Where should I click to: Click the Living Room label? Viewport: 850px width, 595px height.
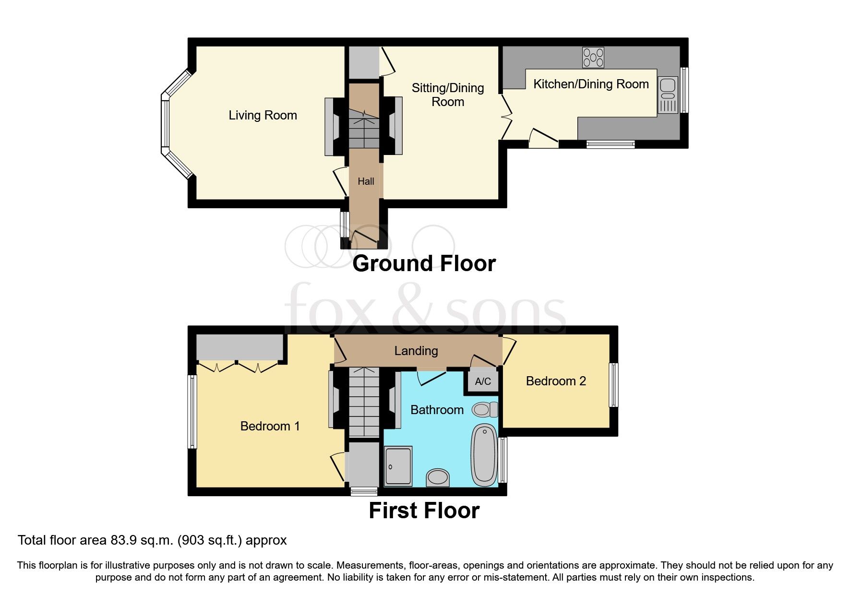coord(263,115)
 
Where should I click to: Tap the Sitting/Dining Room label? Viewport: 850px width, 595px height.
coord(447,95)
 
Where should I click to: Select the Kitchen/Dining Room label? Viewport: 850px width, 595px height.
coord(591,84)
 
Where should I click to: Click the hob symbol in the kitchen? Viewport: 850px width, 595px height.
coord(593,58)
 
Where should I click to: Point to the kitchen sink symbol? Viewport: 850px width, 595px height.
coord(668,95)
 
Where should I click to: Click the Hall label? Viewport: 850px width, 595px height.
coord(366,181)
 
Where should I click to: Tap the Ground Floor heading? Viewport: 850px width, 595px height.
coord(424,263)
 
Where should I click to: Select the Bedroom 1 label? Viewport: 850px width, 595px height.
coord(270,426)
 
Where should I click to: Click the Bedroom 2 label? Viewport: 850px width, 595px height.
coord(556,381)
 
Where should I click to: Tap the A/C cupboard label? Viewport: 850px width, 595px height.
coord(483,381)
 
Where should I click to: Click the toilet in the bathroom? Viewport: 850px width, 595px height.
coord(484,410)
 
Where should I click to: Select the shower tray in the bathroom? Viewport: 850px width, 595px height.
coord(398,466)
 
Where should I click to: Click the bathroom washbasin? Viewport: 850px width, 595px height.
coord(438,477)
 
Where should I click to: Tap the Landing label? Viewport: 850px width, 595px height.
coord(416,351)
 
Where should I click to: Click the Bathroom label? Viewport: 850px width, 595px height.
coord(437,410)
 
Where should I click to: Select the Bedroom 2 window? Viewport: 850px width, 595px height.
coord(613,385)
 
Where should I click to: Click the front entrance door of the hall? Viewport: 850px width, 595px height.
coord(365,237)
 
